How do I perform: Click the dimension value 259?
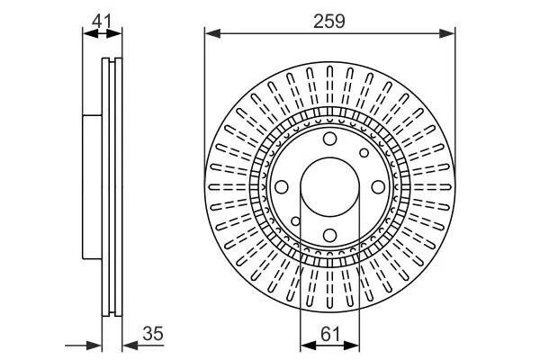pyautogui.click(x=328, y=22)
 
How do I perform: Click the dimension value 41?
pyautogui.click(x=102, y=22)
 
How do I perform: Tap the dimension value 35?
pyautogui.click(x=153, y=334)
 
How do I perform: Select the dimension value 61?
pyautogui.click(x=330, y=334)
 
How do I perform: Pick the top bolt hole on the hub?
pyautogui.click(x=330, y=139)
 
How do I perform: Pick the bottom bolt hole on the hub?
pyautogui.click(x=330, y=236)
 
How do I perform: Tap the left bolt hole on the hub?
pyautogui.click(x=282, y=187)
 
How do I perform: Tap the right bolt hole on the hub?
pyautogui.click(x=379, y=187)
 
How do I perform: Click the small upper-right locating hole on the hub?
pyautogui.click(x=364, y=153)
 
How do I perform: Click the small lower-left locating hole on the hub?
pyautogui.click(x=295, y=221)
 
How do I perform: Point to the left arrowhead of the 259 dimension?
pyautogui.click(x=212, y=33)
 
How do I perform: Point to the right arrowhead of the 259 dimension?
pyautogui.click(x=447, y=33)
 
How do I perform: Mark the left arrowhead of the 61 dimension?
pyautogui.click(x=308, y=346)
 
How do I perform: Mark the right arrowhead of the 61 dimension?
pyautogui.click(x=352, y=346)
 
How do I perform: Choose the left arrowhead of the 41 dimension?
pyautogui.click(x=91, y=33)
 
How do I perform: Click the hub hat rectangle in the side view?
pyautogui.click(x=93, y=187)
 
